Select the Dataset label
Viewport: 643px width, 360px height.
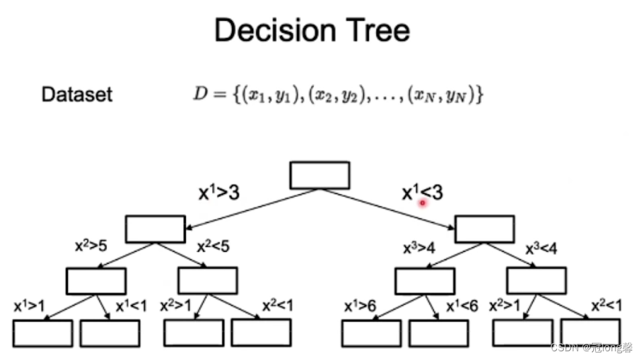click(77, 95)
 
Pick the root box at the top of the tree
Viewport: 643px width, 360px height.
click(319, 175)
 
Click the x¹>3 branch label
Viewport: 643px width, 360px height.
click(218, 193)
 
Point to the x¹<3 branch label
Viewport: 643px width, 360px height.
click(422, 193)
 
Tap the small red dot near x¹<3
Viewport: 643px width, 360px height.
click(423, 201)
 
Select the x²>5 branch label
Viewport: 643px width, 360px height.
click(91, 245)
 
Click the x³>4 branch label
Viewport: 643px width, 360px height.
click(419, 248)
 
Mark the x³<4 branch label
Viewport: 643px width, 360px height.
click(541, 249)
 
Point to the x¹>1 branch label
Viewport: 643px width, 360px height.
click(29, 306)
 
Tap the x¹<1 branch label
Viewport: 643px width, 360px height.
click(131, 306)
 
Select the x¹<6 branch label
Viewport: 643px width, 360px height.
click(462, 306)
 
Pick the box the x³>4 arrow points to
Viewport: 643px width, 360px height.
click(425, 281)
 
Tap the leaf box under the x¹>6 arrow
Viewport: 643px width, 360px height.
click(371, 333)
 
